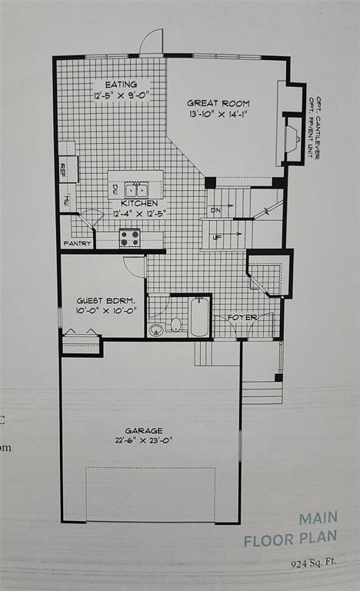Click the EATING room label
(x=120, y=85)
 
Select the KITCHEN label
(x=139, y=204)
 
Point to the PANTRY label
(x=78, y=244)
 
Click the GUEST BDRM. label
(x=105, y=300)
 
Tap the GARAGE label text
(x=144, y=430)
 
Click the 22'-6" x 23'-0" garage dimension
(x=144, y=440)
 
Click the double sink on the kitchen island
(x=136, y=189)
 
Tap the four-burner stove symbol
(x=129, y=239)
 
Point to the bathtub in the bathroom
(x=199, y=319)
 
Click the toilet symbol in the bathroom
(x=175, y=325)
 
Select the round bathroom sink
(x=156, y=330)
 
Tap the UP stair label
(x=217, y=236)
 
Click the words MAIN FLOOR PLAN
(x=290, y=529)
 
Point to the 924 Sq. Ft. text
(x=314, y=563)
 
